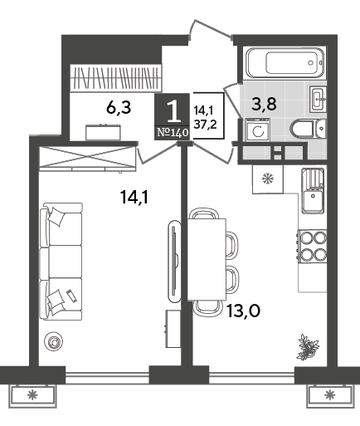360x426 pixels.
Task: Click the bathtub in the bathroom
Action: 285,63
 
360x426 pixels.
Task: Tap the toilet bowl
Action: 308,128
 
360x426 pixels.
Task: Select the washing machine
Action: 258,130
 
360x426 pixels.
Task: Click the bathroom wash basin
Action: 318,99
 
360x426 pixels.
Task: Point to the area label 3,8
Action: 264,104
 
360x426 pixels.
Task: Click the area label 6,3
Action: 119,107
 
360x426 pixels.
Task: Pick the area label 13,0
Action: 243,311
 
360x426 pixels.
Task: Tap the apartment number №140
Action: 173,133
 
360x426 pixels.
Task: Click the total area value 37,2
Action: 205,125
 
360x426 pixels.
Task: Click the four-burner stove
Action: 312,247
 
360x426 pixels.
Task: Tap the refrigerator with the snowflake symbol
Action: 268,179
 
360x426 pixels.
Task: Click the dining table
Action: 207,259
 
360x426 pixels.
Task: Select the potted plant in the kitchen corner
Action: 307,347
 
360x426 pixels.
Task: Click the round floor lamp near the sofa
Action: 53,342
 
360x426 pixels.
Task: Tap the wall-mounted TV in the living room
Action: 174,261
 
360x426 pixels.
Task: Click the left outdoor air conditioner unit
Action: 33,395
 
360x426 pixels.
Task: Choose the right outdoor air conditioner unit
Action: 330,395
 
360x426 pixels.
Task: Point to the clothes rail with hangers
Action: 115,78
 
